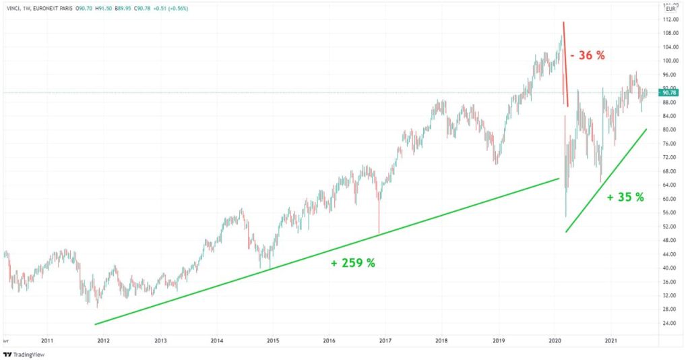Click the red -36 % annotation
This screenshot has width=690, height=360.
coord(588,56)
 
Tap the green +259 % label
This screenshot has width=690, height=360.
coord(352,263)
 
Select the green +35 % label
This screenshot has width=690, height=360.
coord(625,198)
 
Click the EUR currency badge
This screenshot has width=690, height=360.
coord(671,9)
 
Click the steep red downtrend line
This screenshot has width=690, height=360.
coord(565,64)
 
